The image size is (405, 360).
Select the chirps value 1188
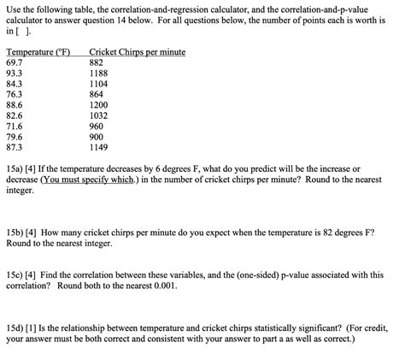[x=100, y=74]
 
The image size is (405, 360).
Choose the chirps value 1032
[x=100, y=115]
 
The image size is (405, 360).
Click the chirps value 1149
[x=100, y=146]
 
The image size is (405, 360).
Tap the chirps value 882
[x=97, y=62]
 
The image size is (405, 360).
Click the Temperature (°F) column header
[x=38, y=52]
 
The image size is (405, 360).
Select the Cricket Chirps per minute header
[x=137, y=52]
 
